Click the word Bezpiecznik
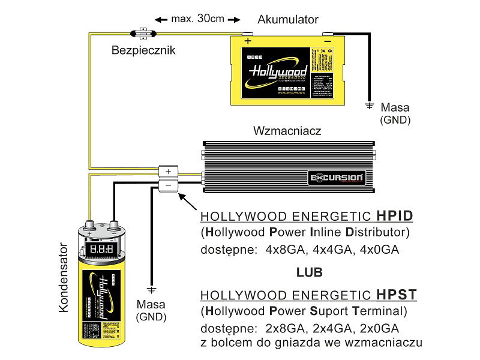pyautogui.click(x=143, y=50)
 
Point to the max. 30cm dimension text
pyautogui.click(x=197, y=19)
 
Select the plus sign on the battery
pyautogui.click(x=247, y=41)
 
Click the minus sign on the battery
pyautogui.click(x=327, y=41)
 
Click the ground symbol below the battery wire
pyautogui.click(x=369, y=106)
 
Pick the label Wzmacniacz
pyautogui.click(x=288, y=130)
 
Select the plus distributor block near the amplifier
pyautogui.click(x=169, y=172)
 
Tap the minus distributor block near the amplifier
pyautogui.click(x=169, y=185)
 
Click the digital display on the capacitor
pyautogui.click(x=100, y=247)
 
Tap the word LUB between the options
pyautogui.click(x=309, y=272)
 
